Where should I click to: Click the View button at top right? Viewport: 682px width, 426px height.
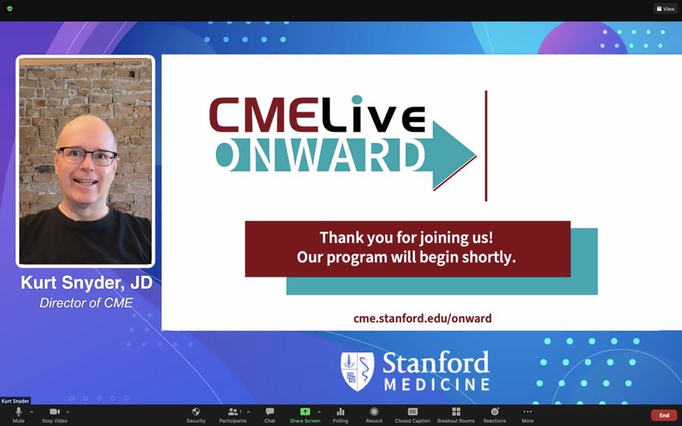665,9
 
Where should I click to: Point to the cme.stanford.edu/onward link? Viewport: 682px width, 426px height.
422,318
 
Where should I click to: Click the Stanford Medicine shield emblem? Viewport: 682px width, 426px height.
357,371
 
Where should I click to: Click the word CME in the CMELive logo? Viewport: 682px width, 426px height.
262,115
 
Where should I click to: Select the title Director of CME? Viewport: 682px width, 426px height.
86,302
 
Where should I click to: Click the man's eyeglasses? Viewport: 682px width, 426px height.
87,156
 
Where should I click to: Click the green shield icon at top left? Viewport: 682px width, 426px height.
10,8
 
